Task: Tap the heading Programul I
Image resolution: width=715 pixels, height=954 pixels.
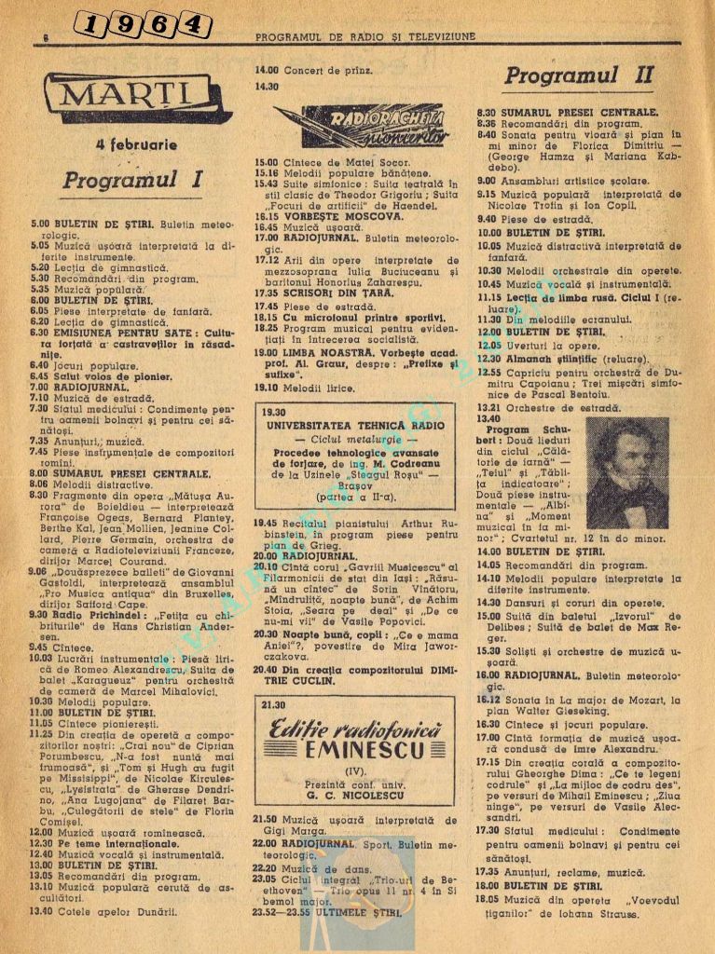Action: (x=132, y=180)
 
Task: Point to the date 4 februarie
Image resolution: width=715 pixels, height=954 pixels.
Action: (x=136, y=145)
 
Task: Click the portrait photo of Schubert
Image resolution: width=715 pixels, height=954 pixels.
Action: (x=627, y=472)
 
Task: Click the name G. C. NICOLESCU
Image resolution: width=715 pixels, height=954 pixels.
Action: (x=354, y=793)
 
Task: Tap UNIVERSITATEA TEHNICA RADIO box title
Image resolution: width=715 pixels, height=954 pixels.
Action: (x=355, y=425)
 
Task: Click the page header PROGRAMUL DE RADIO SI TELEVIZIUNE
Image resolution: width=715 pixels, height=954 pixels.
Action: (x=364, y=37)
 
